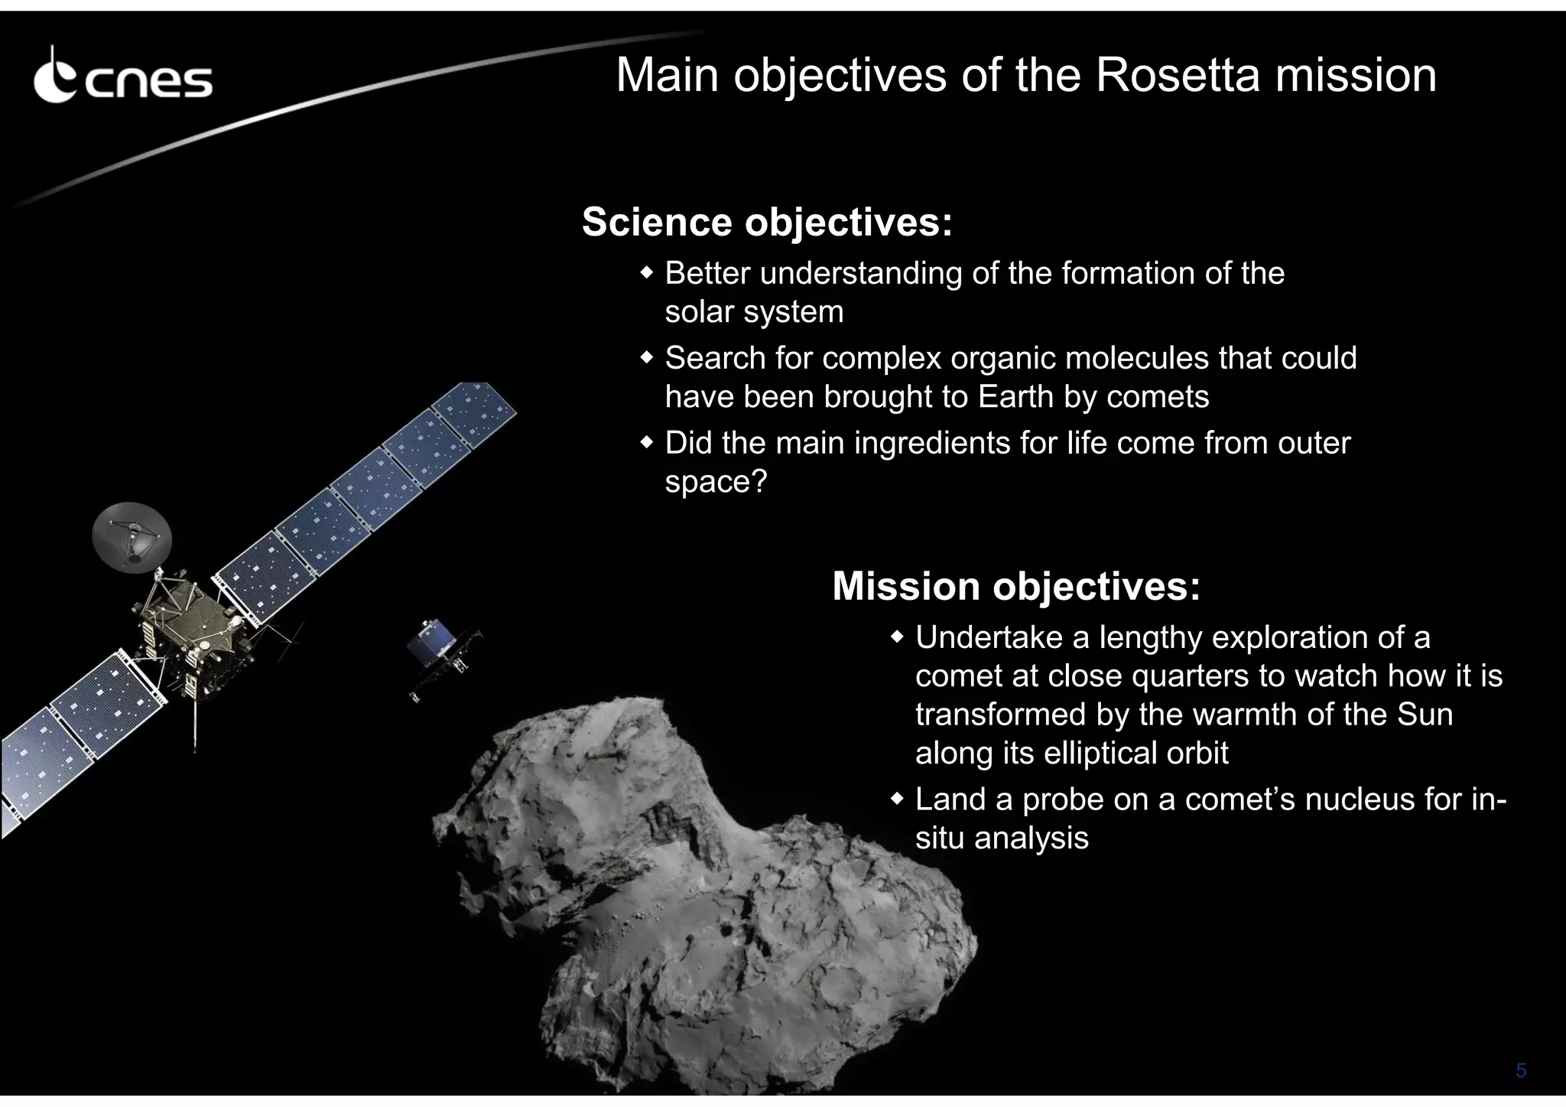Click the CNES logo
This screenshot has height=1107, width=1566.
[x=122, y=77]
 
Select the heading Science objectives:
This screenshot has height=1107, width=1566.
[x=767, y=222]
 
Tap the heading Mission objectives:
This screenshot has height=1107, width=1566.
[x=1016, y=586]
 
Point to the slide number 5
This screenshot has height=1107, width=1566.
[x=1521, y=1070]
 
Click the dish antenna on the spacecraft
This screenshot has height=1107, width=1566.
[x=132, y=536]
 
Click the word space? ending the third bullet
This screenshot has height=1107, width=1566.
[x=715, y=482]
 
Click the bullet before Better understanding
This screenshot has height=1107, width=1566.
[x=647, y=273]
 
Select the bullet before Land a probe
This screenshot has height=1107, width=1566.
[x=898, y=799]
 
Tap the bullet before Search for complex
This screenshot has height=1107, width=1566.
[x=647, y=358]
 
